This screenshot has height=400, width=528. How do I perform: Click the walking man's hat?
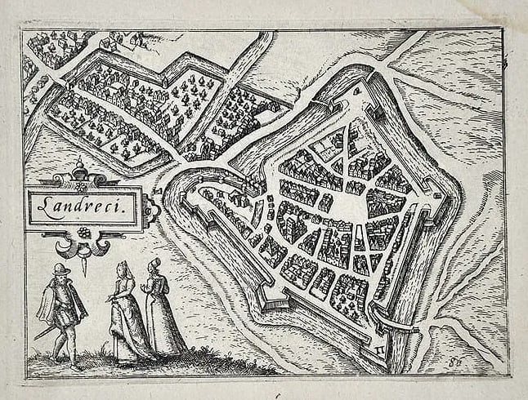pyautogui.click(x=57, y=269)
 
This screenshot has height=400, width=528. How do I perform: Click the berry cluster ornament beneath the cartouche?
pyautogui.click(x=81, y=233)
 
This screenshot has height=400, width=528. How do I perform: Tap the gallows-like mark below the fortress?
pyautogui.click(x=377, y=348)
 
